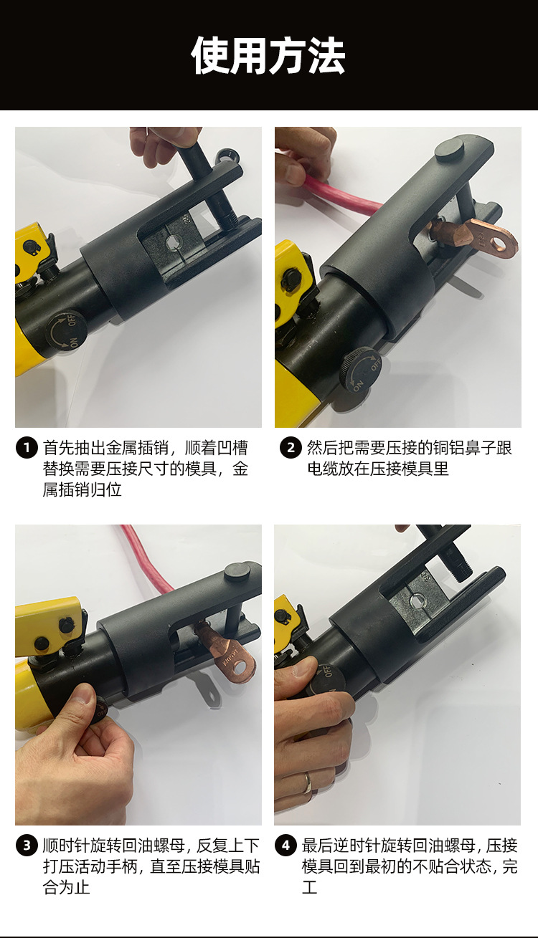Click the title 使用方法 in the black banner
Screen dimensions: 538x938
(268, 56)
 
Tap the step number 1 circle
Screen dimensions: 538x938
(27, 448)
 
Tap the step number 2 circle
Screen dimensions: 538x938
(291, 448)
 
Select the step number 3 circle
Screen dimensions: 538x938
(27, 846)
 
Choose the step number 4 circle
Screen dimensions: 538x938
(285, 846)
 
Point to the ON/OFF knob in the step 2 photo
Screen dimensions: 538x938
(362, 370)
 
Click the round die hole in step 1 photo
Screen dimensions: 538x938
(173, 241)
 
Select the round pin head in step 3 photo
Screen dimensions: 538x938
(237, 572)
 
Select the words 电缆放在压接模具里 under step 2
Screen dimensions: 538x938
(378, 469)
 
